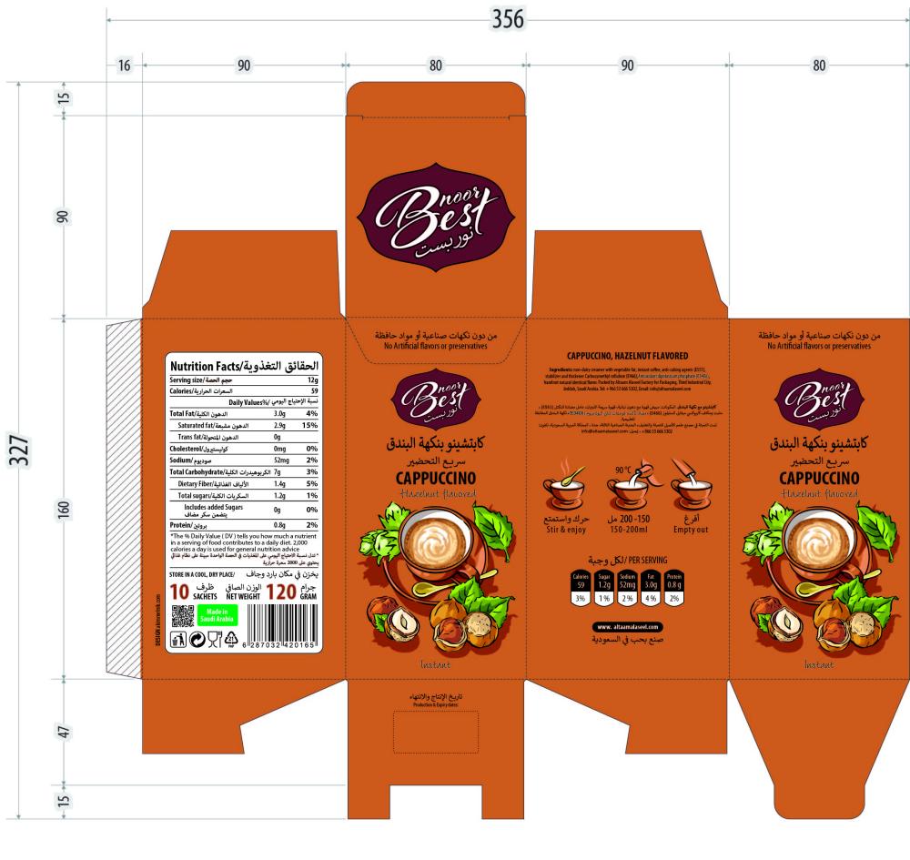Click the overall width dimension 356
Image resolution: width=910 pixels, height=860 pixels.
pos(508,19)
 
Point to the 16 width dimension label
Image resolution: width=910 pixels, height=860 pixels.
pos(125,65)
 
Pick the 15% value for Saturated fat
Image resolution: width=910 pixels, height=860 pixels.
pos(309,425)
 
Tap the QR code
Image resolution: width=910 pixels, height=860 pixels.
pos(184,616)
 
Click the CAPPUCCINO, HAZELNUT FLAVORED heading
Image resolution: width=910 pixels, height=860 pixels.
pos(627,355)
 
